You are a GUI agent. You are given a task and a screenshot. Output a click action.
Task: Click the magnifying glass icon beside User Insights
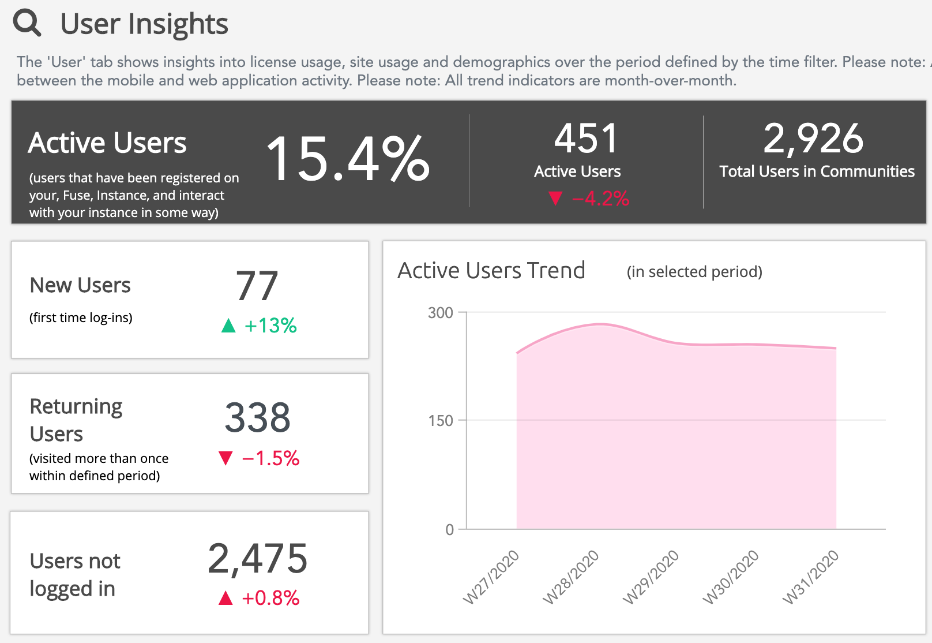point(27,24)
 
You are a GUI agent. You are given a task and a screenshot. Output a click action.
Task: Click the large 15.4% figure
point(348,159)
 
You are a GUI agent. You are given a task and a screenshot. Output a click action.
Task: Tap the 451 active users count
point(586,139)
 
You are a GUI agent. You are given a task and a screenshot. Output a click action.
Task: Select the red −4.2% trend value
point(600,199)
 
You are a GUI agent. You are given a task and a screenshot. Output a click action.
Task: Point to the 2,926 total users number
point(813,139)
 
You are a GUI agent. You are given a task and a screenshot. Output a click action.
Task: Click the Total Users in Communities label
point(817,171)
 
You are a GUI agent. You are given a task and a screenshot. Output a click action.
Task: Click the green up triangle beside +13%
point(228,326)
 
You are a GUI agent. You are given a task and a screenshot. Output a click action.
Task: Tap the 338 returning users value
point(257,417)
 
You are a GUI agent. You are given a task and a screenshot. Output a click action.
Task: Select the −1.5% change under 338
point(270,458)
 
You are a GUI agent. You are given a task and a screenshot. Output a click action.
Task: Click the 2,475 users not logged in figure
point(257,559)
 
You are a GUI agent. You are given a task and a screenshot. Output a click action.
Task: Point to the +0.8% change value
point(270,598)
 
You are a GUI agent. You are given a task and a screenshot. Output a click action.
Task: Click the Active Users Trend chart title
point(491,271)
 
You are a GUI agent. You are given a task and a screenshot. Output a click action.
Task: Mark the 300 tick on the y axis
point(441,313)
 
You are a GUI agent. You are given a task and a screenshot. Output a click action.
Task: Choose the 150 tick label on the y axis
point(441,421)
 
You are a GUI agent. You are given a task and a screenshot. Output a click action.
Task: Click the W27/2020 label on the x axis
point(491,577)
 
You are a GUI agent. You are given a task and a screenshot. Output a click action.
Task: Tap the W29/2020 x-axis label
point(651,577)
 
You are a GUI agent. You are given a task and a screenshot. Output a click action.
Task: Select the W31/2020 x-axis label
point(810,577)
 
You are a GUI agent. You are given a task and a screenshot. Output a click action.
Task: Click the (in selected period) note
point(694,272)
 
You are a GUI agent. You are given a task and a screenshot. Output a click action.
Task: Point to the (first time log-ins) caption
point(81,317)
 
